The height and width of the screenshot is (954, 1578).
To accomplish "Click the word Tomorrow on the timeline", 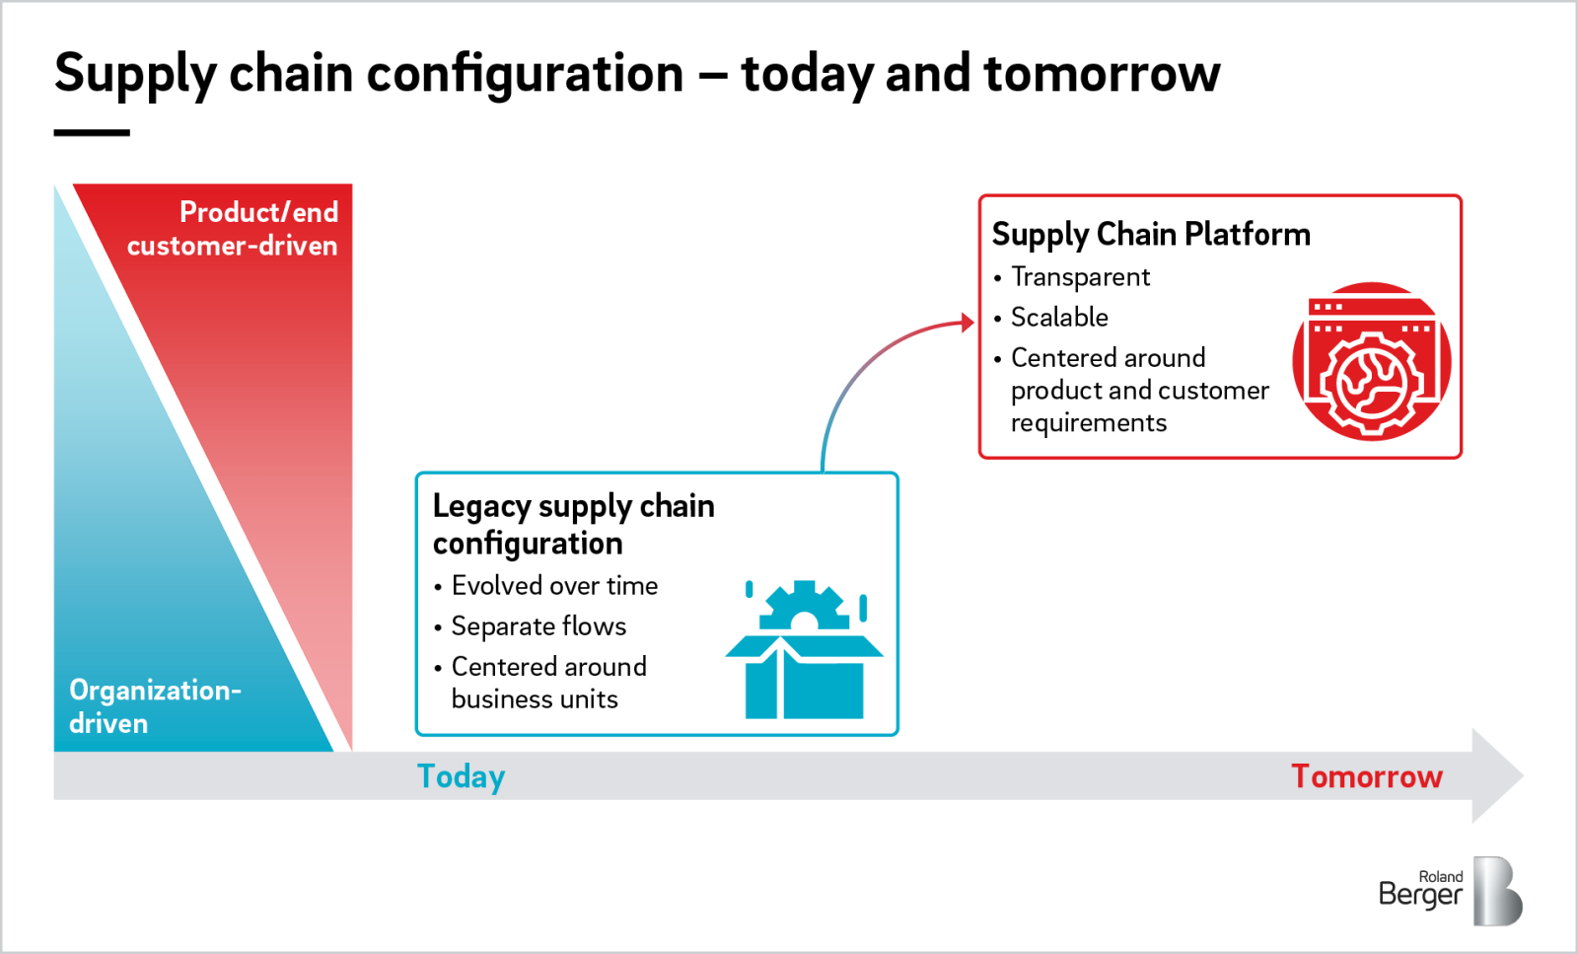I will pyautogui.click(x=1366, y=776).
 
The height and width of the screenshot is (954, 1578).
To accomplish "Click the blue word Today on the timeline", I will pyautogui.click(x=461, y=776).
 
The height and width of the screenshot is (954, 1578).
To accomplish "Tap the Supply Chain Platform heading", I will pyautogui.click(x=1150, y=234).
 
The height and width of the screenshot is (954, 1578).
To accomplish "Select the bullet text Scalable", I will pyautogui.click(x=1058, y=317).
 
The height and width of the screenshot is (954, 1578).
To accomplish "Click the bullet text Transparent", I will pyautogui.click(x=1079, y=277).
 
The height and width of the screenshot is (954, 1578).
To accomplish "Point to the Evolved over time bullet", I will pyautogui.click(x=553, y=586).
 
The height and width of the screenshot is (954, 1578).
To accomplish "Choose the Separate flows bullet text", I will pyautogui.click(x=538, y=626).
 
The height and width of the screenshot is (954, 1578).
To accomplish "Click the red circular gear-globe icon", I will pyautogui.click(x=1371, y=362).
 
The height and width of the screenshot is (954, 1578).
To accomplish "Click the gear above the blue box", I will pyautogui.click(x=804, y=605).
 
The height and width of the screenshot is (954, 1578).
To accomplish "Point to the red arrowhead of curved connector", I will pyautogui.click(x=968, y=323).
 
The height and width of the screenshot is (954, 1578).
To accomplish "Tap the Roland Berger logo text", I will pyautogui.click(x=1420, y=890).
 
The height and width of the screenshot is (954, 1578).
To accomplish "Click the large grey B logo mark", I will pyautogui.click(x=1497, y=891).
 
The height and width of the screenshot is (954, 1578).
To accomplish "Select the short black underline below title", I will pyautogui.click(x=92, y=132).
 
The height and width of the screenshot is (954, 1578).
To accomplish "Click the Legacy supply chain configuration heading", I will pyautogui.click(x=572, y=524).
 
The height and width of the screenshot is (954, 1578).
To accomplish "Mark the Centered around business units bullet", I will pyautogui.click(x=547, y=683).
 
